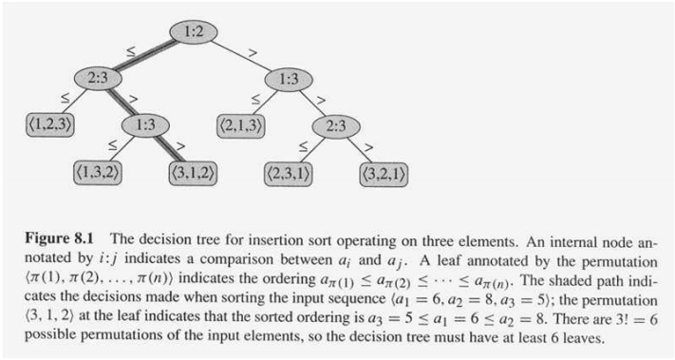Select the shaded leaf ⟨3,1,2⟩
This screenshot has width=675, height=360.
click(x=195, y=174)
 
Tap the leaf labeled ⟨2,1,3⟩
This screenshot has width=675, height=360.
click(x=243, y=125)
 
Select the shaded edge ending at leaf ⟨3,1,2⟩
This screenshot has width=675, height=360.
click(x=173, y=151)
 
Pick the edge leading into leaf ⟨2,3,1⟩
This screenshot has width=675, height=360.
click(x=313, y=152)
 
